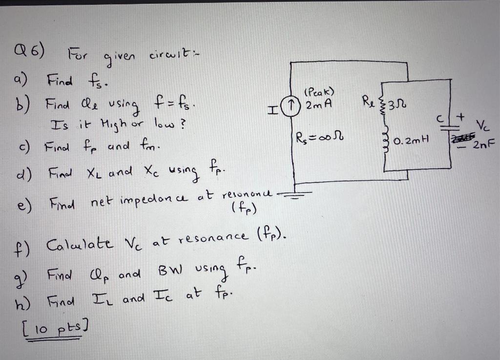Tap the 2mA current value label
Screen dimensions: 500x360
click(318, 105)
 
